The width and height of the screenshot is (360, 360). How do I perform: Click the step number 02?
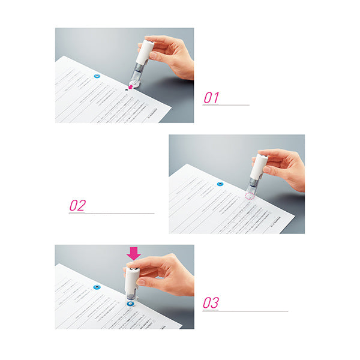[x=77, y=205]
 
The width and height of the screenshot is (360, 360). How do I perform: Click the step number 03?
[x=211, y=303]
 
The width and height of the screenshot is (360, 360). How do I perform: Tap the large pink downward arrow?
[x=134, y=253]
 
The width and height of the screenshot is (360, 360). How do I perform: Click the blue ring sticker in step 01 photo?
[x=97, y=77]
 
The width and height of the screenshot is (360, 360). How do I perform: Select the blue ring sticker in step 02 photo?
[x=220, y=185]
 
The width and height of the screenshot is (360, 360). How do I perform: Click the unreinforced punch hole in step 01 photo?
[x=125, y=88]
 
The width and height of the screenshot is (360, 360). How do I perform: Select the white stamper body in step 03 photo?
[x=131, y=277]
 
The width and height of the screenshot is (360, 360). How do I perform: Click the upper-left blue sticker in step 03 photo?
[x=97, y=287]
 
